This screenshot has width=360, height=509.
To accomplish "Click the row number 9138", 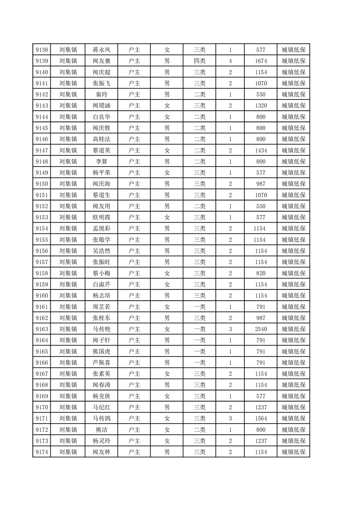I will [x=41, y=50].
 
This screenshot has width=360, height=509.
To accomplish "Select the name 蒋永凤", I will [x=101, y=50].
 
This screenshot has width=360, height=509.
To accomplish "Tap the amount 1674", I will [x=261, y=61].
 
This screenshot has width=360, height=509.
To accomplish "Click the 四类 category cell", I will [x=199, y=61].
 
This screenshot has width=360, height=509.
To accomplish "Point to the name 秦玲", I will [x=101, y=94].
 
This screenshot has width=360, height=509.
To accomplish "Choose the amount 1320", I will [x=261, y=106].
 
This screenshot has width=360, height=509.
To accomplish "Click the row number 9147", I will [x=41, y=150].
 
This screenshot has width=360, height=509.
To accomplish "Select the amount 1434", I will [x=261, y=150].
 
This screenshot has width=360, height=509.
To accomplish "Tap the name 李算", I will [x=101, y=162].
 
